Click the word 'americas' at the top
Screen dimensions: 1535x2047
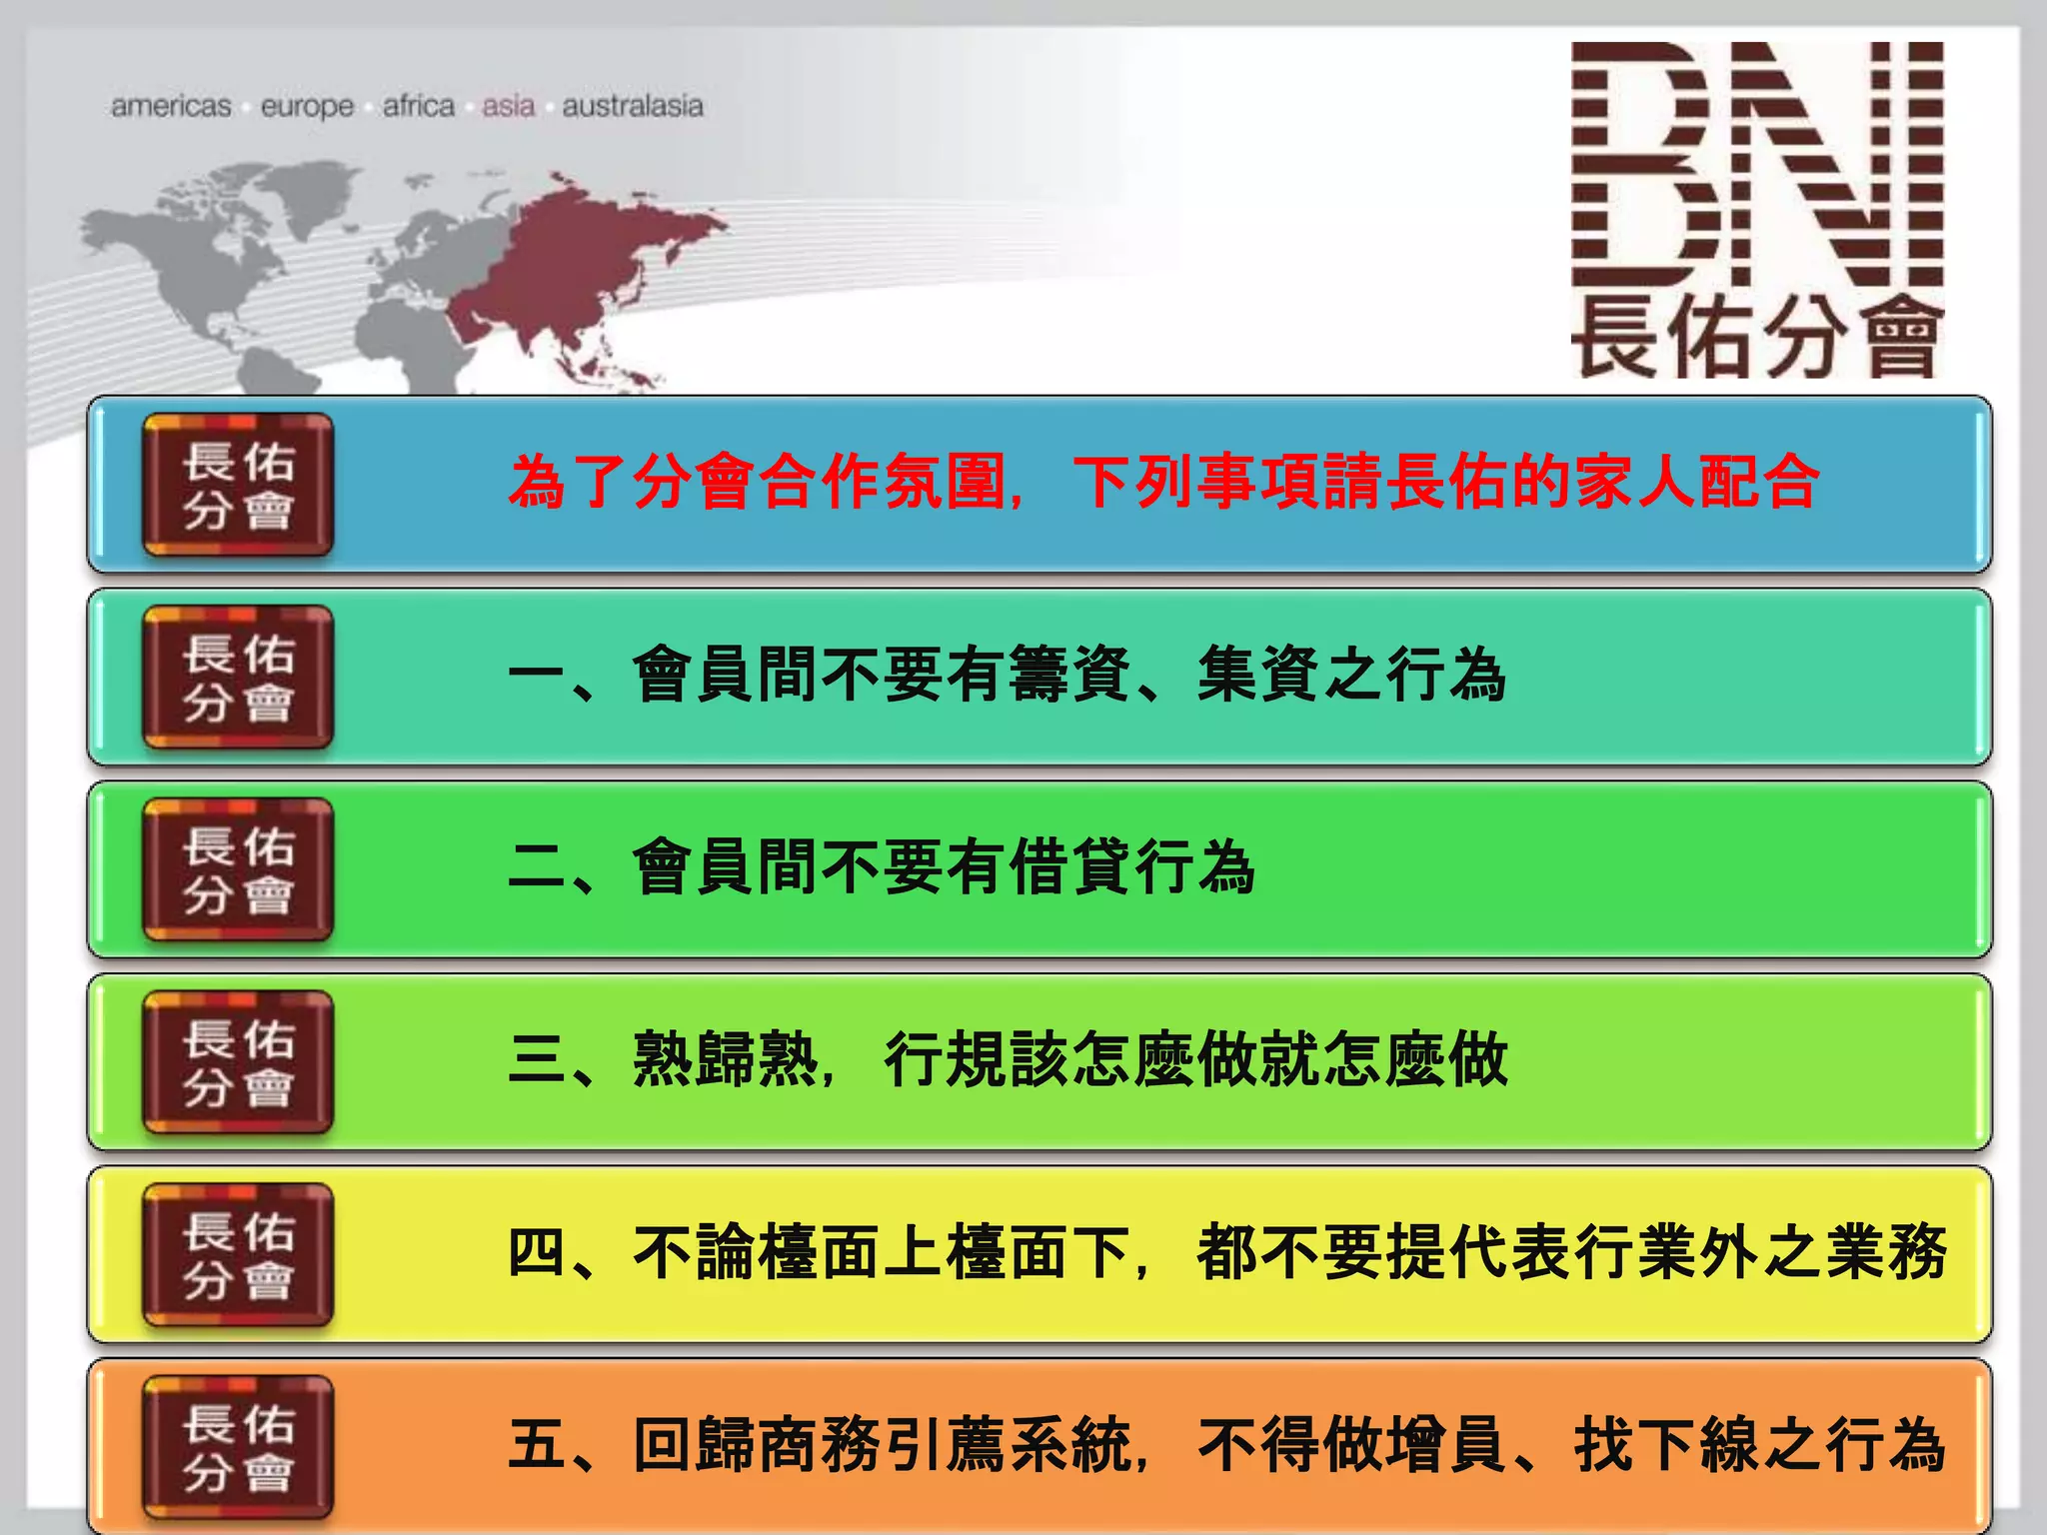171,106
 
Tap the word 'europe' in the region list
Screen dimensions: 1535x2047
307,106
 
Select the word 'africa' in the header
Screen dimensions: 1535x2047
418,106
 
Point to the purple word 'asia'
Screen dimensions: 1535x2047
508,106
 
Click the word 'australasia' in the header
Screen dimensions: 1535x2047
632,106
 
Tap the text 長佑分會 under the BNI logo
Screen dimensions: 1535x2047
1756,338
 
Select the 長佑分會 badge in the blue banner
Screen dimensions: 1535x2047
238,485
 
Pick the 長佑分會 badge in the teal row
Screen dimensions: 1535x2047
238,678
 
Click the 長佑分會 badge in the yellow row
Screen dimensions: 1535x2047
238,1255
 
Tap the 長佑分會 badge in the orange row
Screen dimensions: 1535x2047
238,1447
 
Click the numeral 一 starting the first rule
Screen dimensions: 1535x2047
538,676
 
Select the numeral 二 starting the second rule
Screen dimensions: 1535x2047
538,867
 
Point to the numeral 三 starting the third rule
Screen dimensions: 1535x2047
538,1059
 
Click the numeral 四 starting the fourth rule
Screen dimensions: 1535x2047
538,1252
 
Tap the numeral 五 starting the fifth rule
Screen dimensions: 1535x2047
538,1445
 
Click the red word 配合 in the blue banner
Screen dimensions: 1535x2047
1758,483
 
